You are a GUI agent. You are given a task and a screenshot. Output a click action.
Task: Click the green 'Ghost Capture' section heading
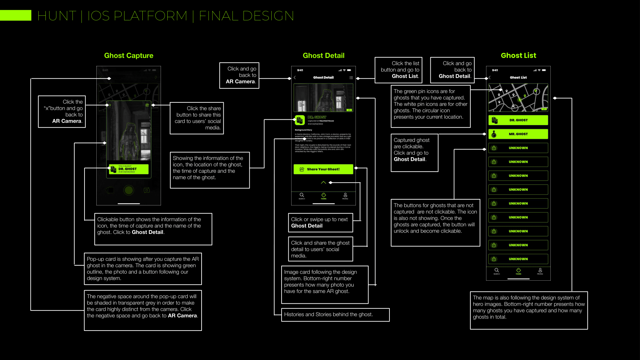pos(129,56)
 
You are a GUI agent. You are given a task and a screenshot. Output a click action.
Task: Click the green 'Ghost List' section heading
pos(518,56)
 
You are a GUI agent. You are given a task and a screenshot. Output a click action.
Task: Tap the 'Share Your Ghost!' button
pos(323,169)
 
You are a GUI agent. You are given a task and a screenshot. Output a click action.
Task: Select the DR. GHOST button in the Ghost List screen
pos(518,120)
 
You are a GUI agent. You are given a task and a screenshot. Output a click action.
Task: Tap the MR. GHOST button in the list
pos(518,134)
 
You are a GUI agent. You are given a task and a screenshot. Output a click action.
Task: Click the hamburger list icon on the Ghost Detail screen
pos(351,78)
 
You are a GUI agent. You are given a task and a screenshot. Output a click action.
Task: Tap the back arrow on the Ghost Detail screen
pos(295,78)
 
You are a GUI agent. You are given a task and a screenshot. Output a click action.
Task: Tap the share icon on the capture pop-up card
pos(147,105)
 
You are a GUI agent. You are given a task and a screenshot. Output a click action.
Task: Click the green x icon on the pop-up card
pos(110,105)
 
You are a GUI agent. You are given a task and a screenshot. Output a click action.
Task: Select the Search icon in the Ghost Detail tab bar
pos(302,196)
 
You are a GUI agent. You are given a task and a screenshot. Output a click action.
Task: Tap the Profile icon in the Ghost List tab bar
pos(540,271)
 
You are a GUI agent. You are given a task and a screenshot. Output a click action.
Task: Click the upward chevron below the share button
pos(324,182)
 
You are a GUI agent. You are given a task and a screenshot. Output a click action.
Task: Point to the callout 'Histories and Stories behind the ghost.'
pos(335,315)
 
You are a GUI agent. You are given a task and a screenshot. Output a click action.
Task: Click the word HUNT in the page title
pos(57,16)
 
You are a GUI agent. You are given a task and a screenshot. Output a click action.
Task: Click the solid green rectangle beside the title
pos(15,15)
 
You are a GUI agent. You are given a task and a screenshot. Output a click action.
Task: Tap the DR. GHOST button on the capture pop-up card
pos(129,169)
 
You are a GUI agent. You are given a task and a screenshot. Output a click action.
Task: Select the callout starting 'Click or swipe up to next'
pos(320,223)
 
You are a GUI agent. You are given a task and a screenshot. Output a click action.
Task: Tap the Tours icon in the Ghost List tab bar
pos(518,271)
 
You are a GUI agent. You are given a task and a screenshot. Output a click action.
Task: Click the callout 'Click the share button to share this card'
pos(197,118)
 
